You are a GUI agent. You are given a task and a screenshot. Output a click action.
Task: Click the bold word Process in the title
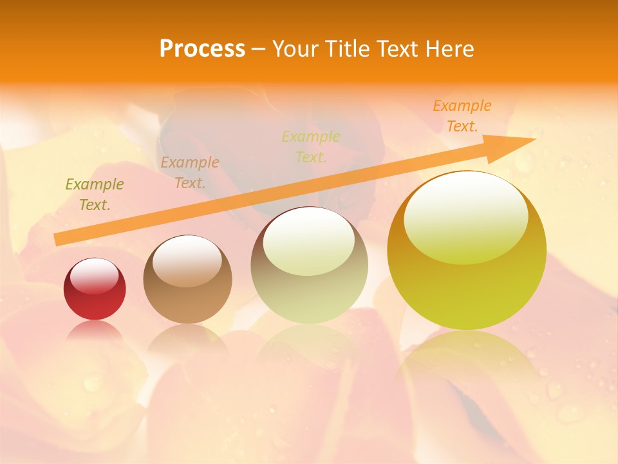pos(202,49)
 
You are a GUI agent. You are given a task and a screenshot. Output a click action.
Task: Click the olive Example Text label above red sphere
pos(94,194)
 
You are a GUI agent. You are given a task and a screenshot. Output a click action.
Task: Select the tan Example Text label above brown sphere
pos(190,172)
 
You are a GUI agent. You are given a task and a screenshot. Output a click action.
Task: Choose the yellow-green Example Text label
pos(311,146)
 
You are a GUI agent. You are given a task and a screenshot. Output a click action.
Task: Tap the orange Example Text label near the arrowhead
pos(462,115)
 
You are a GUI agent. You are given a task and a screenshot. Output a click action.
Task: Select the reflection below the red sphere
pos(95,332)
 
